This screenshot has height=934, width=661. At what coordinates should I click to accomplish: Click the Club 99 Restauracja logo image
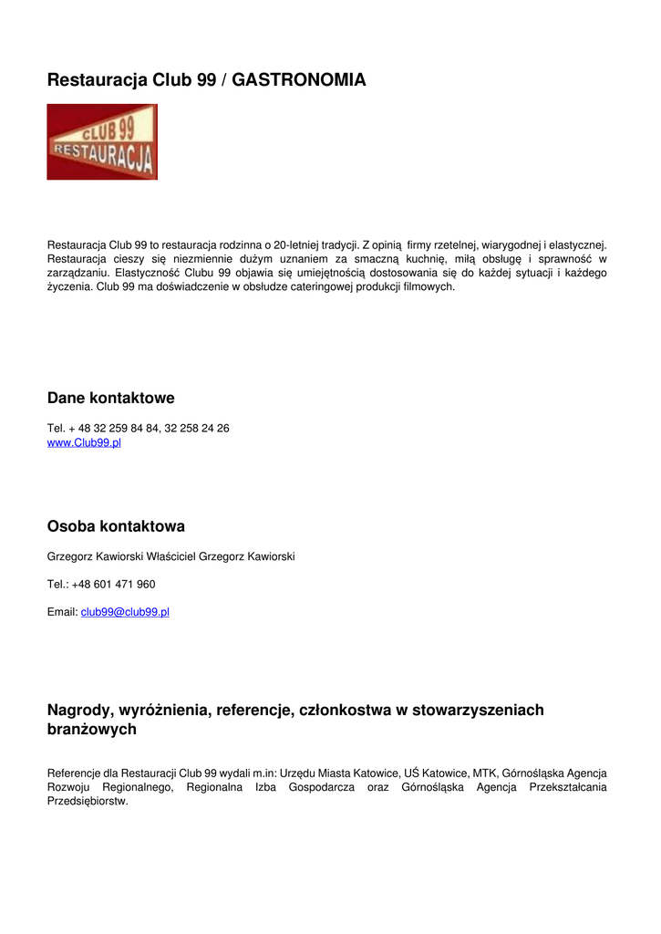[x=102, y=141]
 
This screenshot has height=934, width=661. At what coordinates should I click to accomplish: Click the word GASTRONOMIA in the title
[x=299, y=80]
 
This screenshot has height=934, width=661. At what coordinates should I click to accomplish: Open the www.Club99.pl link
[x=84, y=443]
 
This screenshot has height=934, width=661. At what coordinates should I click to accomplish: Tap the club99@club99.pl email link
[x=125, y=612]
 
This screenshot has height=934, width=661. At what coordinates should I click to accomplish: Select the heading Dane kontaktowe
[x=110, y=399]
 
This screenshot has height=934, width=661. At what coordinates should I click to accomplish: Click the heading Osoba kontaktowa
[x=116, y=526]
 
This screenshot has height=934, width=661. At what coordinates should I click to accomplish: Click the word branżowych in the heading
[x=92, y=730]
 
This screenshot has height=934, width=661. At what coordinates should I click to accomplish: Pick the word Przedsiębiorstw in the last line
[x=87, y=802]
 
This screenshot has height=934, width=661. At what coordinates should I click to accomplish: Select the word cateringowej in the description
[x=317, y=286]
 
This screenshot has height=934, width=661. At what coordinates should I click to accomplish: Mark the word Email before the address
[x=61, y=612]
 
